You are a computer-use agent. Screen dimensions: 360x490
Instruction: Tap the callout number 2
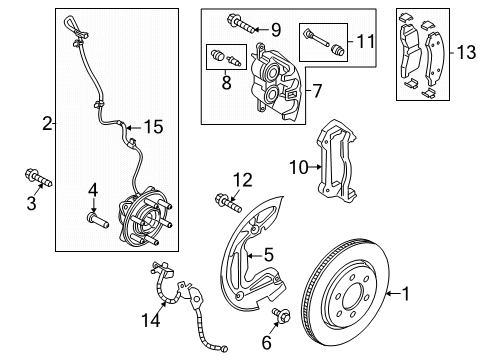[x=47, y=125]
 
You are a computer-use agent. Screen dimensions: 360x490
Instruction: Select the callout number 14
[x=149, y=320]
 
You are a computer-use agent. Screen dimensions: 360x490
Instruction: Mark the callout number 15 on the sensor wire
[x=153, y=127]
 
